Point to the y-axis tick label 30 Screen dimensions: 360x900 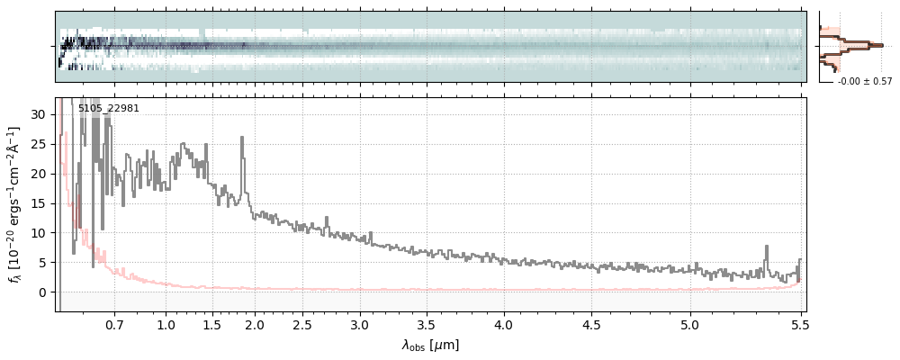[x=40, y=114]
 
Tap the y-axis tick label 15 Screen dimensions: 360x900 [x=40, y=203]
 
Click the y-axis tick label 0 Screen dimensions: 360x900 [x=43, y=292]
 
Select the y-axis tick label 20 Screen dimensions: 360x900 [x=40, y=174]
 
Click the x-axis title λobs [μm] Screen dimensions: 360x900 [x=430, y=345]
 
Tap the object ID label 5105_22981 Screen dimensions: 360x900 [x=108, y=109]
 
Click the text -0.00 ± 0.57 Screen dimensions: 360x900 [x=865, y=82]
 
